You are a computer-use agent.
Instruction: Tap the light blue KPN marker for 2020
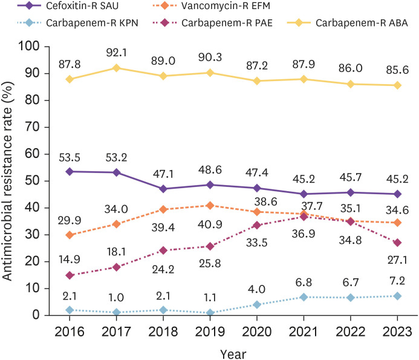tap(256, 304)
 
